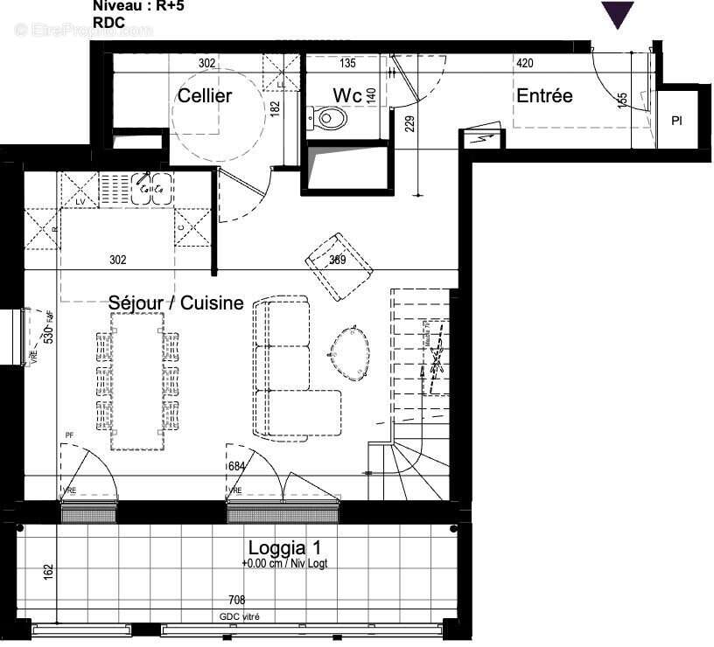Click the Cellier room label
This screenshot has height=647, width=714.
[x=205, y=95]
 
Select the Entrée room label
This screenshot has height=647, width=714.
[x=544, y=95]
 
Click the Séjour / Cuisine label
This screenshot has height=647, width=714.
[x=176, y=303]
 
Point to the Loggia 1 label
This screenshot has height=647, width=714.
[x=283, y=548]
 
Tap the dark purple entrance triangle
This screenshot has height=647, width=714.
[x=618, y=15]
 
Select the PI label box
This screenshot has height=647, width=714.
[x=676, y=121]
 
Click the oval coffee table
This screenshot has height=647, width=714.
[x=351, y=354]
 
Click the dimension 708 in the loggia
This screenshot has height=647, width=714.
[x=237, y=601]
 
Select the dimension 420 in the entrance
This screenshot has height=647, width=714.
[x=525, y=63]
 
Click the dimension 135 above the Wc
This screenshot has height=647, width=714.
[x=346, y=63]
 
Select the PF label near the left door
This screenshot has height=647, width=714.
[x=69, y=435]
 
